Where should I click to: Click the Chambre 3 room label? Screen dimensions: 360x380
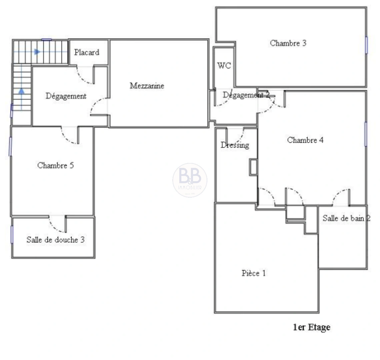click(x=288, y=43)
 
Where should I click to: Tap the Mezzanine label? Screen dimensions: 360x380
click(x=147, y=86)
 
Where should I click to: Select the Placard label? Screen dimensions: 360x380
click(x=87, y=52)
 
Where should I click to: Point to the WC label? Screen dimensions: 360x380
click(x=224, y=66)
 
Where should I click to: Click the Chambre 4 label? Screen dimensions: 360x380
click(x=305, y=140)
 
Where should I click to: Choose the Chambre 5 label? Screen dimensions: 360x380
click(x=55, y=165)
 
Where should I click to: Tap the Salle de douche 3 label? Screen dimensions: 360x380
click(x=55, y=240)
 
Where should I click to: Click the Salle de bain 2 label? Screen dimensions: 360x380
click(x=346, y=218)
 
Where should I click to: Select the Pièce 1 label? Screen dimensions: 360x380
click(x=254, y=273)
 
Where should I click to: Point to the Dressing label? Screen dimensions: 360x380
click(x=235, y=145)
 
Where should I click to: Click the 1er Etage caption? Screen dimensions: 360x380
click(x=311, y=327)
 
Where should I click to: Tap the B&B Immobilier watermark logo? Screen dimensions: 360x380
click(x=190, y=180)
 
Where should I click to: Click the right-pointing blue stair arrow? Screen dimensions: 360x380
click(x=37, y=52)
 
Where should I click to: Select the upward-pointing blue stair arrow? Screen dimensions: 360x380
click(x=22, y=91)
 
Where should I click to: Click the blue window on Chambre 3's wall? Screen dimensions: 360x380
click(x=366, y=45)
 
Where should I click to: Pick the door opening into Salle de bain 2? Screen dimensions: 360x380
click(x=341, y=198)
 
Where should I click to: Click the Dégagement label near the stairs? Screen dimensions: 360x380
click(x=66, y=96)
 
